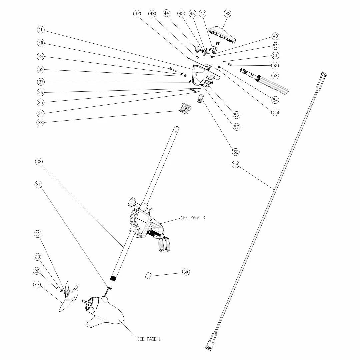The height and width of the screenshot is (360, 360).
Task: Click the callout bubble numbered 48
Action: point(228,14)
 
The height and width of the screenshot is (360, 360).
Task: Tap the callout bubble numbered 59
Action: point(236,164)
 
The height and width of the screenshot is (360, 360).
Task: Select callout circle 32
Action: point(39,162)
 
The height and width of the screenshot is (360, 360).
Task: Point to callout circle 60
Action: point(186,272)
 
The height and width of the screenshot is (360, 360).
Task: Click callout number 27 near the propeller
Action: point(37,284)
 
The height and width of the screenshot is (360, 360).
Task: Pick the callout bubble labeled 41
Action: point(41,30)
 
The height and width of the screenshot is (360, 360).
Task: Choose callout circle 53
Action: point(275,76)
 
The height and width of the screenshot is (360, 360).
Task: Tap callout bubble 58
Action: point(236,152)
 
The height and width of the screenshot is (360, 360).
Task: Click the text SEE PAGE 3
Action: point(193,218)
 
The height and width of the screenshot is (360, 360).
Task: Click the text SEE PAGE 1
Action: point(149,339)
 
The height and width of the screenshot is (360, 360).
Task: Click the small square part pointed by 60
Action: point(148,275)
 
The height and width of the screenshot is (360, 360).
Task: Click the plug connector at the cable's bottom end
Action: point(209,346)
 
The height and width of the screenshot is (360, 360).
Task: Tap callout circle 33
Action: point(40,123)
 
